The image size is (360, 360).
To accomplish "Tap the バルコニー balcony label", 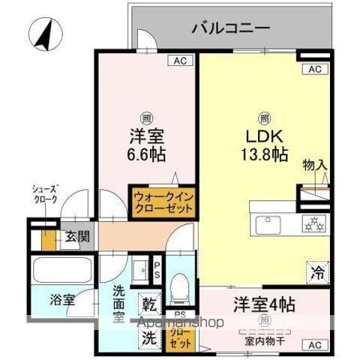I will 229,29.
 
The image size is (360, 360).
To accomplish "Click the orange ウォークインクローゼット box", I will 163,202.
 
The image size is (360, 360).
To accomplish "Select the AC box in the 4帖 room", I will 314,344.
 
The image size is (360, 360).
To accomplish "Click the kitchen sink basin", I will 268,223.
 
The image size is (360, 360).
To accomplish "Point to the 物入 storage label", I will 314,165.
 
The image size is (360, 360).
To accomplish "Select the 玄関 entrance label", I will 73,238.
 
